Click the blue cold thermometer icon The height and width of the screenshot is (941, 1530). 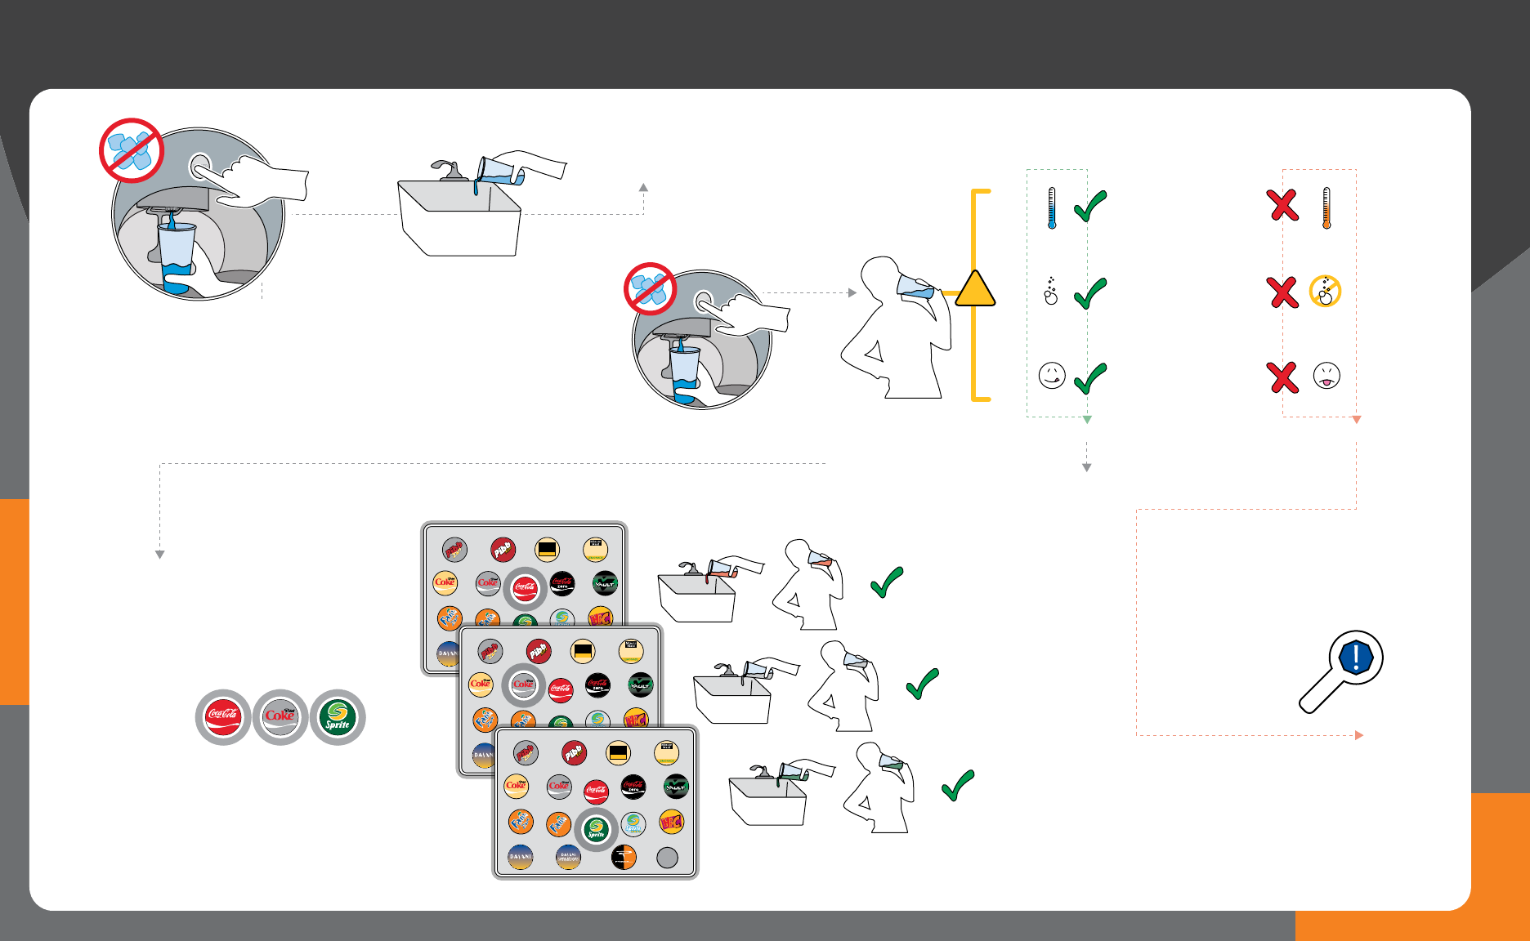point(1052,208)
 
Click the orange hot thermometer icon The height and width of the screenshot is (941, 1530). point(1326,208)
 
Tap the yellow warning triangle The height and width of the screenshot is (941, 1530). point(974,290)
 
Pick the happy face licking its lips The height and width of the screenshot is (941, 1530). point(1052,376)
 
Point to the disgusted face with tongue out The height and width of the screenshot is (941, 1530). point(1326,376)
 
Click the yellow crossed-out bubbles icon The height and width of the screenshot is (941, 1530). point(1325,291)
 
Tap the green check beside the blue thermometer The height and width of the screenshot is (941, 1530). point(1090,206)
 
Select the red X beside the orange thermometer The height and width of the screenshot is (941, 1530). point(1283,205)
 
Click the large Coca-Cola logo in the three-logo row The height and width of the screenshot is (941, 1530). point(223,717)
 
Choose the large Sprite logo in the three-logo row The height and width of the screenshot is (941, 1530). point(338,717)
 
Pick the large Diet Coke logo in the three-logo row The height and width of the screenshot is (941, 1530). point(280,717)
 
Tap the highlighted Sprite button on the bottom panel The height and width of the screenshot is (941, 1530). point(597,830)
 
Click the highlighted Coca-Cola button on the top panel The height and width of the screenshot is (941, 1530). point(525,588)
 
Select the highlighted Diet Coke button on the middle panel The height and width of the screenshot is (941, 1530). point(523,685)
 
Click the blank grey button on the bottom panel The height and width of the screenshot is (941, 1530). point(668,857)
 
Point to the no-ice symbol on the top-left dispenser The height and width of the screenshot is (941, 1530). point(131,150)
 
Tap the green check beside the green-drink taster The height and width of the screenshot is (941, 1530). point(958,785)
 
